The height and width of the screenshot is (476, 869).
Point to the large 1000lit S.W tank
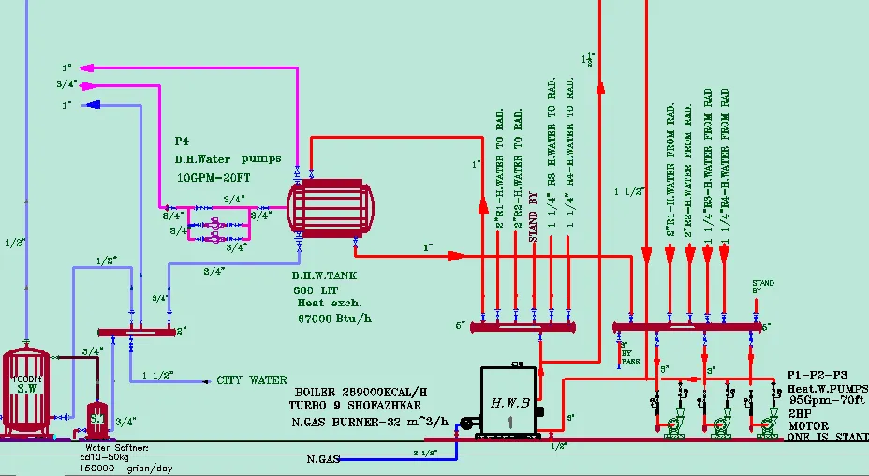pyautogui.click(x=25, y=392)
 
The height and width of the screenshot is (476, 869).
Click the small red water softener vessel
pyautogui.click(x=97, y=421)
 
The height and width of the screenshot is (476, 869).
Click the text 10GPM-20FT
pyautogui.click(x=214, y=176)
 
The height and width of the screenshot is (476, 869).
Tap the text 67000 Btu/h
pyautogui.click(x=335, y=318)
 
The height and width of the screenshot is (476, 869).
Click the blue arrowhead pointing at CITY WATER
pyautogui.click(x=207, y=381)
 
